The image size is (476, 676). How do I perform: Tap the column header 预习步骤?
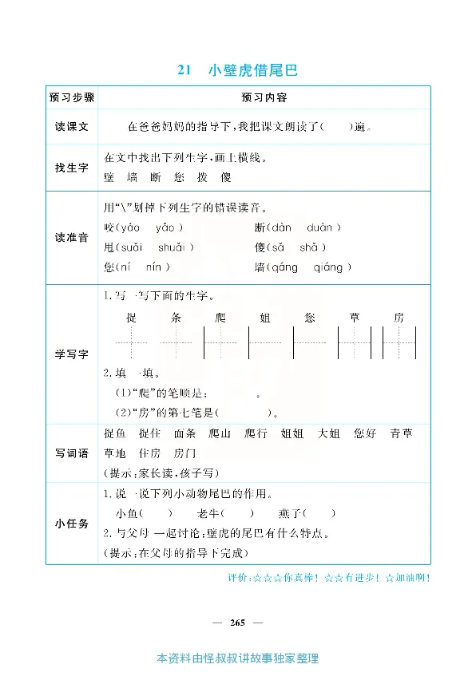pyautogui.click(x=72, y=97)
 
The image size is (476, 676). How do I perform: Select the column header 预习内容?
pyautogui.click(x=264, y=97)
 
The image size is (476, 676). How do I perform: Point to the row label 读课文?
pyautogui.click(x=72, y=127)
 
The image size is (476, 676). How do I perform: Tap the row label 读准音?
pyautogui.click(x=72, y=237)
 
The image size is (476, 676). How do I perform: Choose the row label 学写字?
pyautogui.click(x=72, y=354)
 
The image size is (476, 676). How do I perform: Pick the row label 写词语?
pyautogui.click(x=72, y=453)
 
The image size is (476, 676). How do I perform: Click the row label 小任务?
pyautogui.click(x=72, y=523)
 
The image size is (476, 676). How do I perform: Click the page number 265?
pyautogui.click(x=237, y=621)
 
